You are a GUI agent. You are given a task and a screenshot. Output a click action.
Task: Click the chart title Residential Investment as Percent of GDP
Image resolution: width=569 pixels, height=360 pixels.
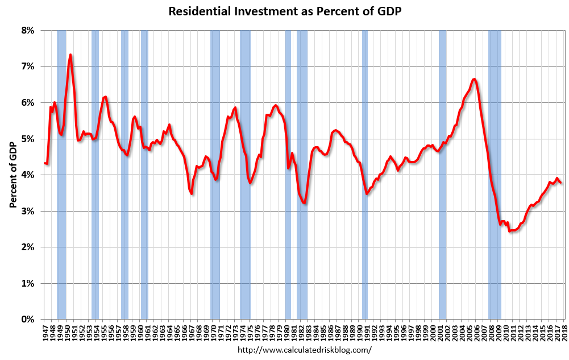coord(284,11)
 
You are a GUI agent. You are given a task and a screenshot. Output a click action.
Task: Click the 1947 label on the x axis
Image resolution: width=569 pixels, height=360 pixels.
coord(45,332)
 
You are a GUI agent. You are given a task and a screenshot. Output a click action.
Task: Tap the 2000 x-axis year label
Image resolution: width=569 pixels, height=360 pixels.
coord(434,332)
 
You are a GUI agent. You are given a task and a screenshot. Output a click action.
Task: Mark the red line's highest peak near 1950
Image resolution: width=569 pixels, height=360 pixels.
coord(70,55)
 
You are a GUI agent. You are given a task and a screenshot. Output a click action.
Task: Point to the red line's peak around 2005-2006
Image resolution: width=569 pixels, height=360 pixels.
coord(474,79)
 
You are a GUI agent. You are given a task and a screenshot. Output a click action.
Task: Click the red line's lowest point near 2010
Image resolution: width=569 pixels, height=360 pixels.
coord(510,231)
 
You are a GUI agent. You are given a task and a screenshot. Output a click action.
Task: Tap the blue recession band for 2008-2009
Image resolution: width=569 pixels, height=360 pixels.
coord(495,171)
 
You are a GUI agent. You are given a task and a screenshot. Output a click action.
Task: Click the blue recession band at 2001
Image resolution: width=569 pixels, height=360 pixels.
coord(442,171)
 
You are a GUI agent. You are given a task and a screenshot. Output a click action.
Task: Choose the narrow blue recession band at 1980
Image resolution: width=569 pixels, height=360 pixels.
coord(288,171)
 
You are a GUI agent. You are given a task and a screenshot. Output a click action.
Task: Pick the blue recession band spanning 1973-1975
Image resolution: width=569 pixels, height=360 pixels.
coord(245,171)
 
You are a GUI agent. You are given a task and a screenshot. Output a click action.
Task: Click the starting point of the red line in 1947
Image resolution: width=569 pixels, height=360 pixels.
coord(44,163)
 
